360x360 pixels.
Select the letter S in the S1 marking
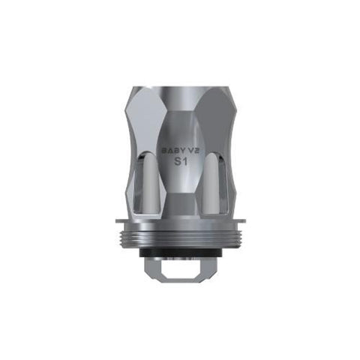tap(177, 162)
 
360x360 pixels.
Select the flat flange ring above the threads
tap(180, 221)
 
